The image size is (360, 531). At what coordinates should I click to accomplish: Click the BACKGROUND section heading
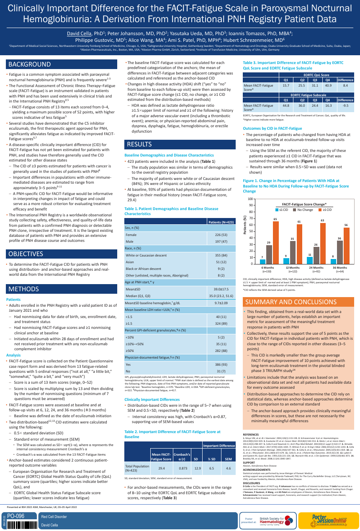click(30, 64)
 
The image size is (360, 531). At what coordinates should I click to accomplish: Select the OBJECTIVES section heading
click(26, 254)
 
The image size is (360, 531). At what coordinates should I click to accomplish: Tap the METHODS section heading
click(24, 289)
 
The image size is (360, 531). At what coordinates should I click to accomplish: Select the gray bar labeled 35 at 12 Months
click(293, 252)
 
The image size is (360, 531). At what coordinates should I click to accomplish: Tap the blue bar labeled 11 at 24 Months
click(310, 260)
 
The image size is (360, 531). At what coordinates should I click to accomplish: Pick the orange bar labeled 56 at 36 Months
click(346, 246)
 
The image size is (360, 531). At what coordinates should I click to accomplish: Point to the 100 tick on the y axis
click(250, 199)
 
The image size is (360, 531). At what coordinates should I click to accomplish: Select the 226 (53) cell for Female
click(221, 235)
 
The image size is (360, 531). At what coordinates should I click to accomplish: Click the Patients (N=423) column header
click(221, 222)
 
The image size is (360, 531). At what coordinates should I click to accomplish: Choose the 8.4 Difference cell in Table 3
click(345, 85)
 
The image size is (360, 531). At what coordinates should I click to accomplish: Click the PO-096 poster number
click(16, 516)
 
